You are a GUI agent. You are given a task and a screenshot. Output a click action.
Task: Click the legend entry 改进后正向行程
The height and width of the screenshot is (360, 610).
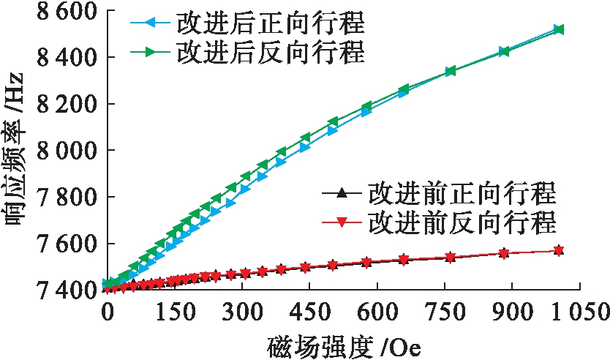270,24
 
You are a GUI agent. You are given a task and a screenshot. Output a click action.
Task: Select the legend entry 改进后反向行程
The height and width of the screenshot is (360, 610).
270,53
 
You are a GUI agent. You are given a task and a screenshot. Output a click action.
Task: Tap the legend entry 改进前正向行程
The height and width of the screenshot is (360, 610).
462,193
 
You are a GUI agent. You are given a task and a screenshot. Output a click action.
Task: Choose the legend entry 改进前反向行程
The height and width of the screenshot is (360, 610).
462,220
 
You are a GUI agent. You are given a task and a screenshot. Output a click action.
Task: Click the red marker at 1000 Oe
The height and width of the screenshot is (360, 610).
559,250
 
